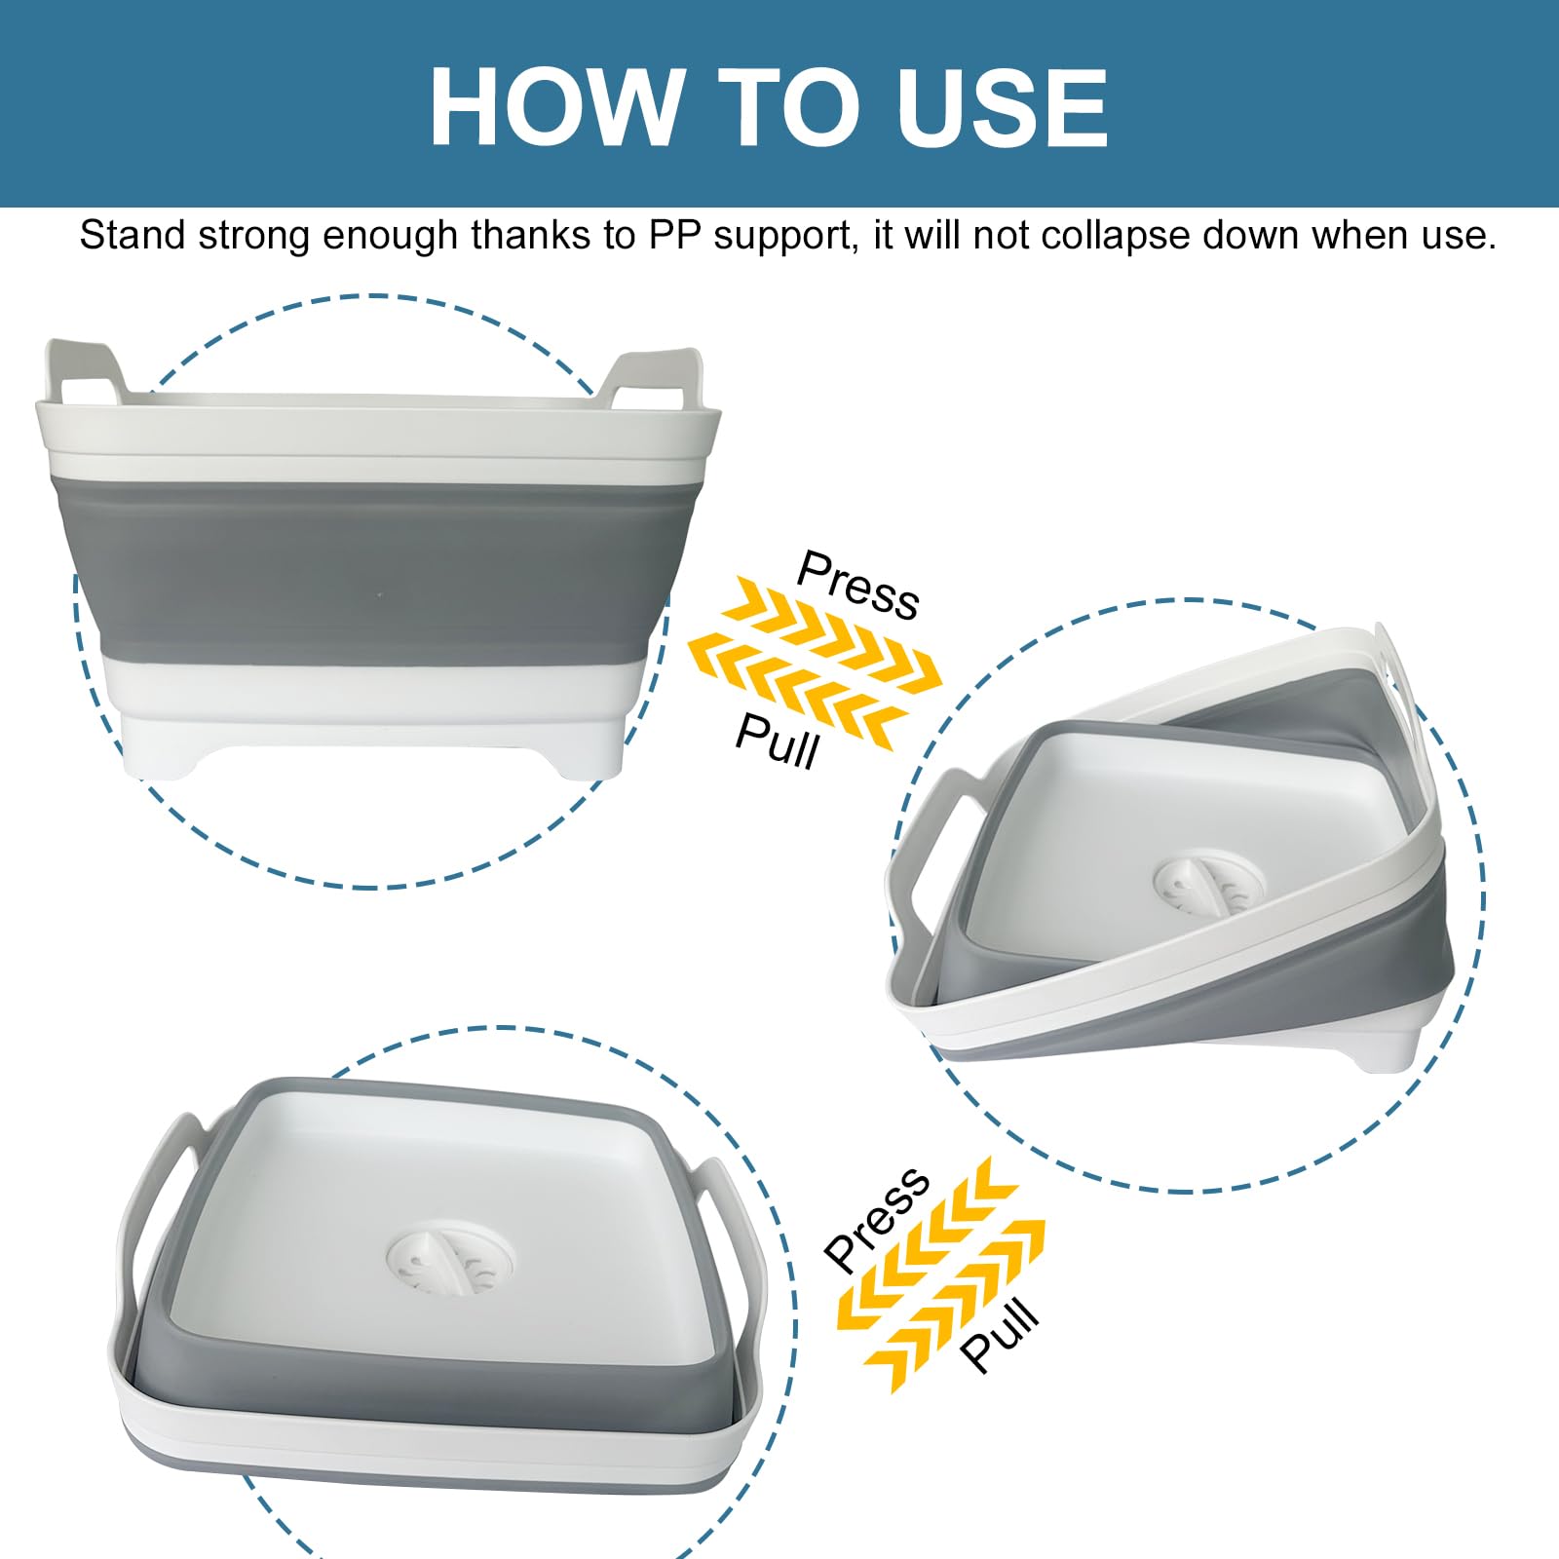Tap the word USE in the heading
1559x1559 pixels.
tap(1003, 107)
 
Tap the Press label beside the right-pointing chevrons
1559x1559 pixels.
tap(858, 585)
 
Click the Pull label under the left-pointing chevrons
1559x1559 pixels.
tap(778, 741)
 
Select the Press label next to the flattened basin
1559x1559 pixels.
tap(877, 1219)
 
